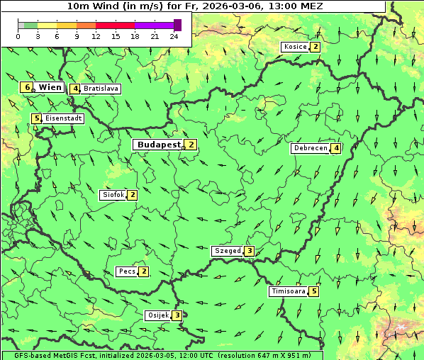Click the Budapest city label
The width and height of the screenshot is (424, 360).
[159, 145]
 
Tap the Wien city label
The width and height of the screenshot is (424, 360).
[50, 87]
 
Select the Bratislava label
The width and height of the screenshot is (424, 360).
[100, 89]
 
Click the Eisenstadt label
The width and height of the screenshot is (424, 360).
[63, 118]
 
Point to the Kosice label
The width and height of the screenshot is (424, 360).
[295, 47]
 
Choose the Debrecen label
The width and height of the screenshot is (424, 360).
[310, 148]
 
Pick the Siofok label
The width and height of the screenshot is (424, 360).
[113, 195]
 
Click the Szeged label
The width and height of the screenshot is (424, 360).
[227, 251]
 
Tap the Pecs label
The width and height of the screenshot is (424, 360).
[127, 271]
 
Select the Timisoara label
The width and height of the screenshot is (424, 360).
[288, 291]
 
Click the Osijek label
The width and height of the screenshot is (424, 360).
[157, 315]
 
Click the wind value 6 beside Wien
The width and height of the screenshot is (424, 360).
[27, 87]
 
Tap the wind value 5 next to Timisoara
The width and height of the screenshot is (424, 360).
[314, 291]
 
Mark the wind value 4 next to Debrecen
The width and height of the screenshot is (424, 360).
[336, 148]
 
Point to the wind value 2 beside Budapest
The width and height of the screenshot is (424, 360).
[191, 145]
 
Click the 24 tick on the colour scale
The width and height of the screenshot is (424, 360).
[174, 36]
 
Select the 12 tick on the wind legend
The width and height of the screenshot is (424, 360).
[96, 36]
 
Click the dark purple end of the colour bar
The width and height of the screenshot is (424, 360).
[177, 25]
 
